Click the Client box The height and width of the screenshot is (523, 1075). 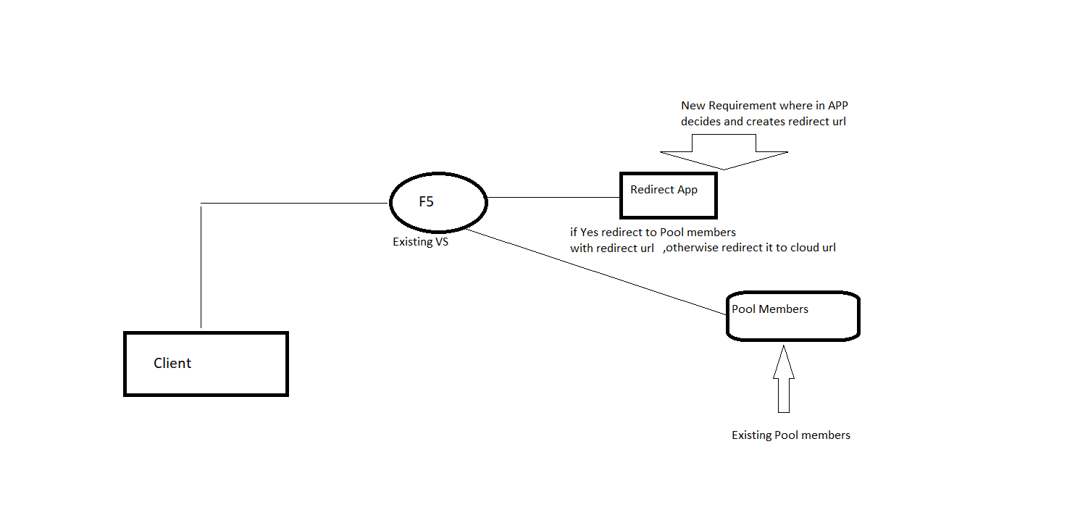point(206,364)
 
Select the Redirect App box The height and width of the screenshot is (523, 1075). point(669,196)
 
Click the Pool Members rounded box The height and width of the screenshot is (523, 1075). point(792,317)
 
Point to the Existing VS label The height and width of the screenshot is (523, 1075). point(420,242)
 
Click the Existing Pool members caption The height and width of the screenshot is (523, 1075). point(790,435)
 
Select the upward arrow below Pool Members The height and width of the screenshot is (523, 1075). point(783,380)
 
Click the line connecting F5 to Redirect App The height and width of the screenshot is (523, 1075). point(553,196)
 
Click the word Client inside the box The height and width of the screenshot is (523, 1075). point(172,364)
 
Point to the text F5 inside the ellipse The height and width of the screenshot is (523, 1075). point(426,202)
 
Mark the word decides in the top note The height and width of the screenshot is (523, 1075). point(700,122)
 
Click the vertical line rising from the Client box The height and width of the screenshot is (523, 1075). point(201,268)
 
